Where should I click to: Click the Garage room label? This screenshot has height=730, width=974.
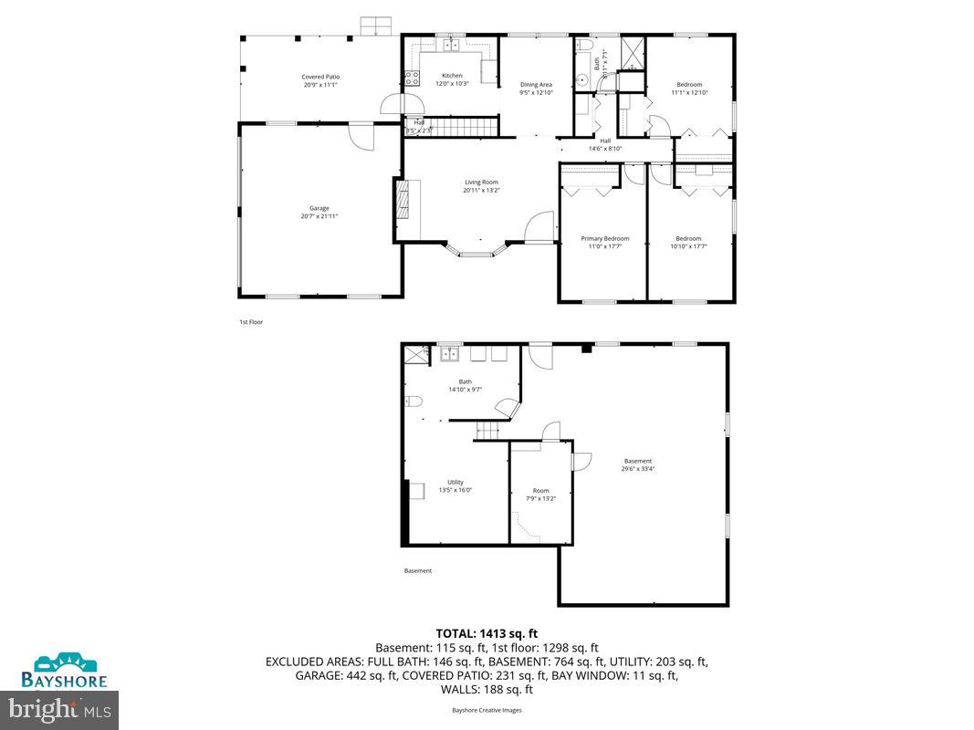(x=319, y=212)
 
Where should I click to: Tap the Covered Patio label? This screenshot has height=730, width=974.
(x=320, y=80)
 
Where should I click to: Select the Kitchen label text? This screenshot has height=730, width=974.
(x=453, y=79)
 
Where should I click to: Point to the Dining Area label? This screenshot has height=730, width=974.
(x=536, y=88)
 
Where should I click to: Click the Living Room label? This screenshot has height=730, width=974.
(x=481, y=186)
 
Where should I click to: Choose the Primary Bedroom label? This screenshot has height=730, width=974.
(x=605, y=242)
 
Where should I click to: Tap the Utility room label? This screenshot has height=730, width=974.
(x=456, y=485)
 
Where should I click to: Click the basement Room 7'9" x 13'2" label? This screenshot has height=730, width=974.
(x=541, y=494)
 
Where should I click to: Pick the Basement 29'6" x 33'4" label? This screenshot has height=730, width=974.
(x=638, y=464)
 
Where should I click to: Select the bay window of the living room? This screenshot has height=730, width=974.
(x=481, y=249)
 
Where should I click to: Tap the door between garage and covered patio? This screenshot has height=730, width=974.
(x=362, y=136)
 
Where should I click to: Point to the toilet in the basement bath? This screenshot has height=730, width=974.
(x=412, y=401)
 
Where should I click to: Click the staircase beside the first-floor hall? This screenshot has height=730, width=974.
(x=463, y=126)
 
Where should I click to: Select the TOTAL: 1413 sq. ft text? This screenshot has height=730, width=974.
(x=487, y=632)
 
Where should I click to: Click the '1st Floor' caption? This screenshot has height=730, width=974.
(x=251, y=322)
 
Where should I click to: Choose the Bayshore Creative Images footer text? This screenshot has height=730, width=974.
(x=487, y=710)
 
